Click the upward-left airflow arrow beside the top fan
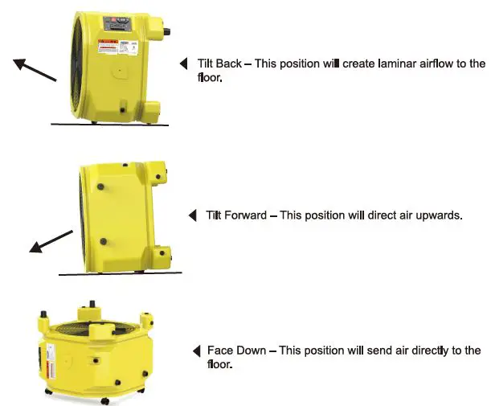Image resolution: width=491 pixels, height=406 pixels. click(35, 69)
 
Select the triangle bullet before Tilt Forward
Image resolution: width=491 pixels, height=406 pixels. click(192, 215)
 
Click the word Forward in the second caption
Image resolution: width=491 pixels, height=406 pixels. click(246, 215)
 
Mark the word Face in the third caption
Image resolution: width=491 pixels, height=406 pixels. click(220, 351)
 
